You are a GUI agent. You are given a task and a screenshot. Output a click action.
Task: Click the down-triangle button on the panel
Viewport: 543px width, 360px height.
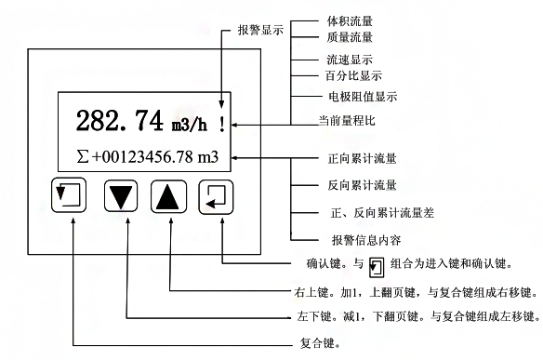pyautogui.click(x=121, y=196)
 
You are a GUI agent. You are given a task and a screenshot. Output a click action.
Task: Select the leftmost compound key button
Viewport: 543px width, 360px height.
pyautogui.click(x=71, y=196)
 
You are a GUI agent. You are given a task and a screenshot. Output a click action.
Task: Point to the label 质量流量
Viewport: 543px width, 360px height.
pyautogui.click(x=350, y=37)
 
